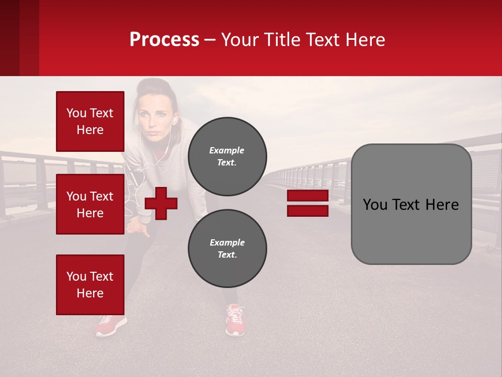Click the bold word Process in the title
[x=164, y=40]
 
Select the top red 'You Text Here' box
[x=90, y=121]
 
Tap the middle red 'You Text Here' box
[x=90, y=204]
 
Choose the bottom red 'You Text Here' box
[x=90, y=284]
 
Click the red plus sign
[x=161, y=203]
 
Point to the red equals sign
[x=307, y=203]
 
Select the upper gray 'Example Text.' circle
[x=227, y=156]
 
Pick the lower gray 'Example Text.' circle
[x=227, y=248]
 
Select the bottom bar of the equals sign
[x=307, y=211]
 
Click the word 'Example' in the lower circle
[x=227, y=242]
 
